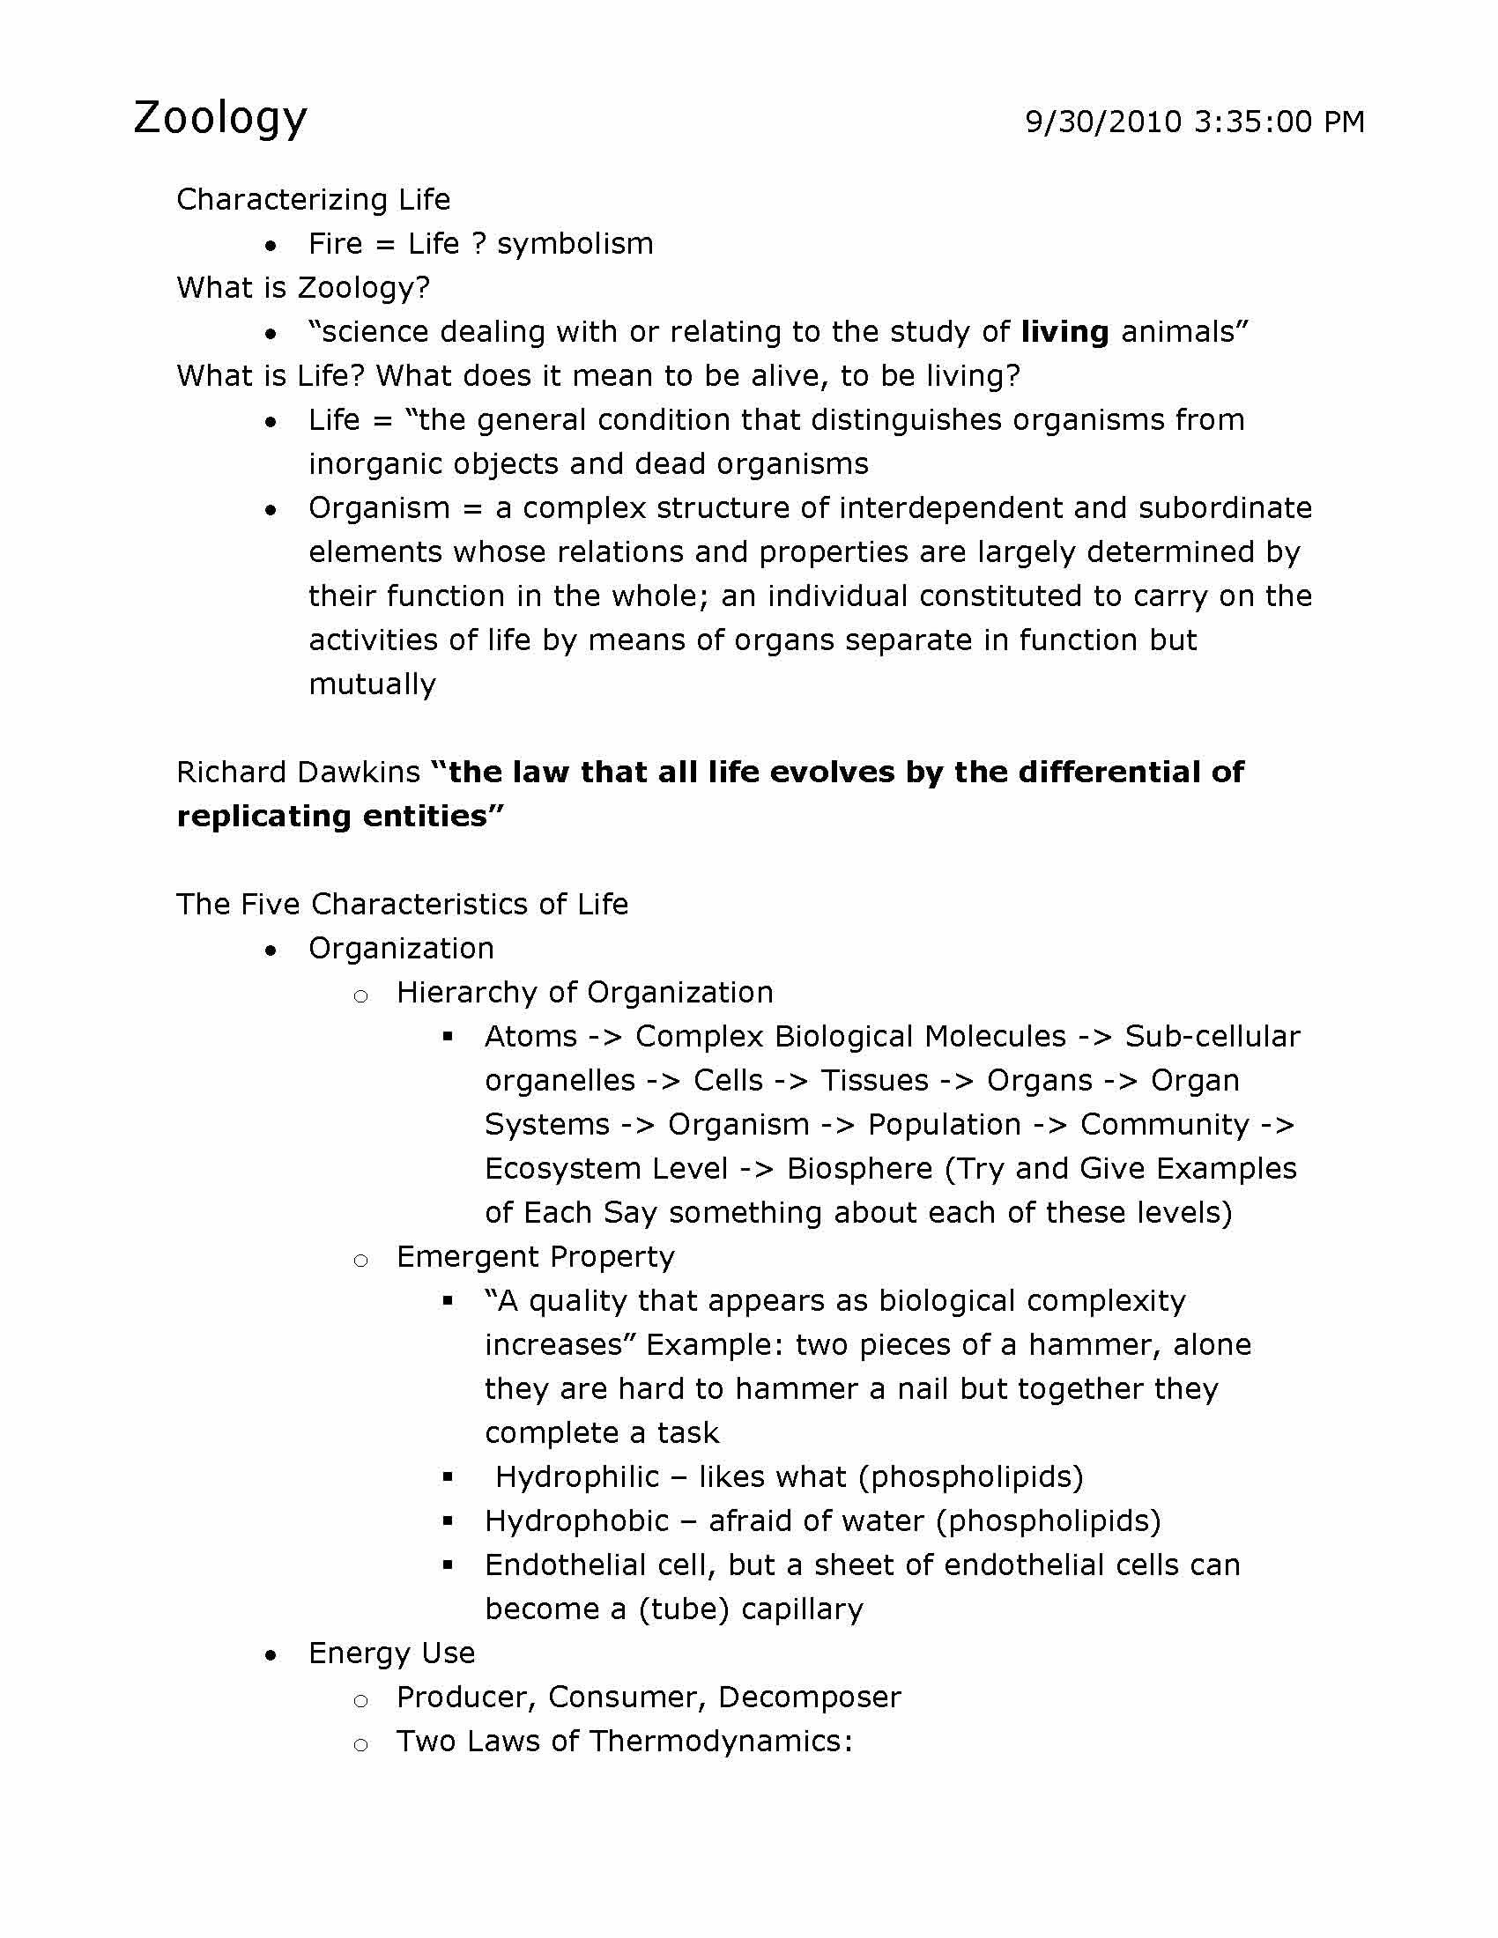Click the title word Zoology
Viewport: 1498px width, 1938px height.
click(x=220, y=118)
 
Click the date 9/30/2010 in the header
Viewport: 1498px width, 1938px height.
click(x=1103, y=122)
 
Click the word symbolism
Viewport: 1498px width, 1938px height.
click(x=575, y=244)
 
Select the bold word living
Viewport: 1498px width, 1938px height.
click(x=1064, y=332)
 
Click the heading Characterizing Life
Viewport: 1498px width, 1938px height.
click(x=314, y=200)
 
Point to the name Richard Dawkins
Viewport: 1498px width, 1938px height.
click(x=298, y=772)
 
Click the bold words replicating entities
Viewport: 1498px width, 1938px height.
click(x=340, y=817)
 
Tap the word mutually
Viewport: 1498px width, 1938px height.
click(x=373, y=684)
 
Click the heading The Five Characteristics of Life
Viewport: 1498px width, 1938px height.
click(x=402, y=904)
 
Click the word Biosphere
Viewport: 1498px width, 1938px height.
click(x=859, y=1169)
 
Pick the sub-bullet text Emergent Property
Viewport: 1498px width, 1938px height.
click(x=535, y=1256)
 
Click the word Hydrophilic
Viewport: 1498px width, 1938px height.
click(x=577, y=1476)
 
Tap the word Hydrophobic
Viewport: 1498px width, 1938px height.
click(x=577, y=1521)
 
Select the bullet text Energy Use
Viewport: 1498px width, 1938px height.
click(x=391, y=1653)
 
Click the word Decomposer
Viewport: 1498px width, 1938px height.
click(x=809, y=1697)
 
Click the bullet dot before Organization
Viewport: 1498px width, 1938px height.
click(x=271, y=951)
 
